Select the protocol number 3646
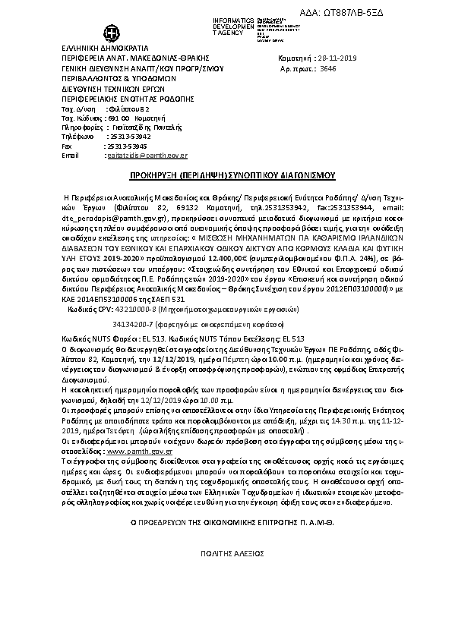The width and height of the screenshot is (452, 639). click(x=328, y=68)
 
